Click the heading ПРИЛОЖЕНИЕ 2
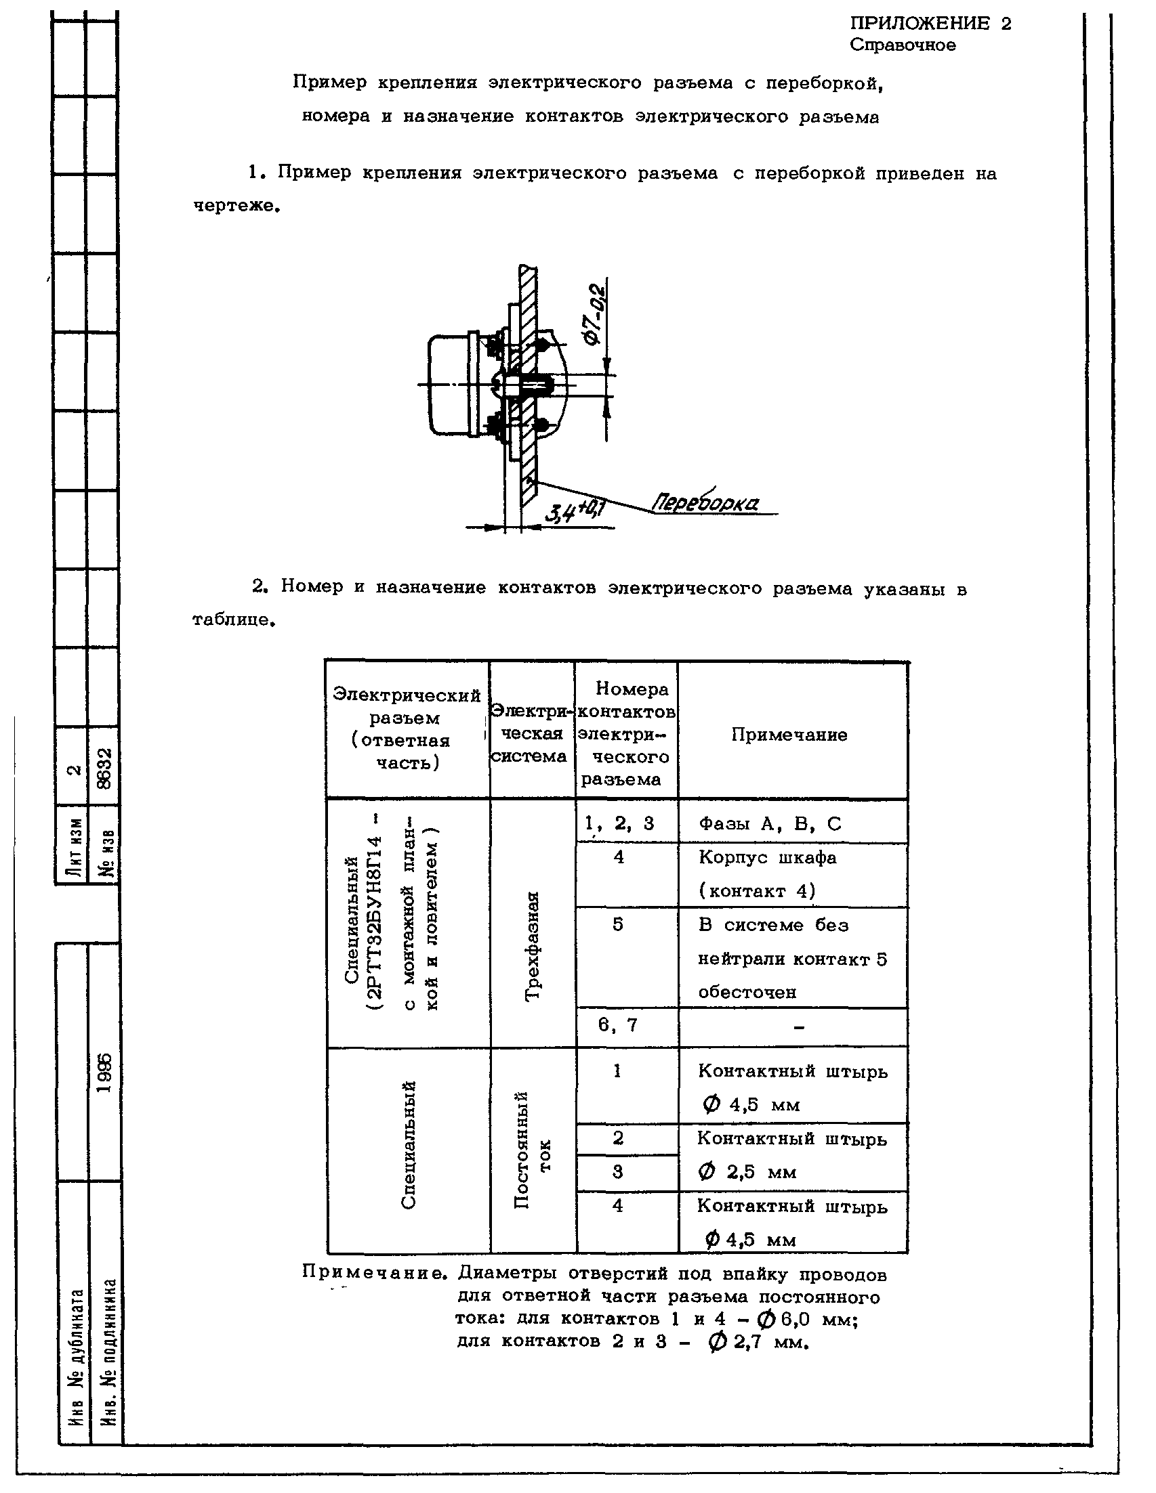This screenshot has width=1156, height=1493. pyautogui.click(x=930, y=24)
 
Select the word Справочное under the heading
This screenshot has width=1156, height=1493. pyautogui.click(x=902, y=46)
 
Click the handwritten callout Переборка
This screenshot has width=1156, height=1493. pyautogui.click(x=705, y=503)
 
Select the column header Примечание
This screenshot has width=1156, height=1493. pyautogui.click(x=789, y=735)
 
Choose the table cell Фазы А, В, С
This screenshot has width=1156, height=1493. pyautogui.click(x=770, y=823)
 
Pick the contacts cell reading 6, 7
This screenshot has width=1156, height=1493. pyautogui.click(x=618, y=1024)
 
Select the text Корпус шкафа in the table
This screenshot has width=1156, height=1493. pyautogui.click(x=767, y=857)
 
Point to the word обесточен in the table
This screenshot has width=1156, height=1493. pyautogui.click(x=747, y=992)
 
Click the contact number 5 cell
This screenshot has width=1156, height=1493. pyautogui.click(x=618, y=924)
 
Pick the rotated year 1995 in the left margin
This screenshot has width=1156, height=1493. pyautogui.click(x=104, y=1073)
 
